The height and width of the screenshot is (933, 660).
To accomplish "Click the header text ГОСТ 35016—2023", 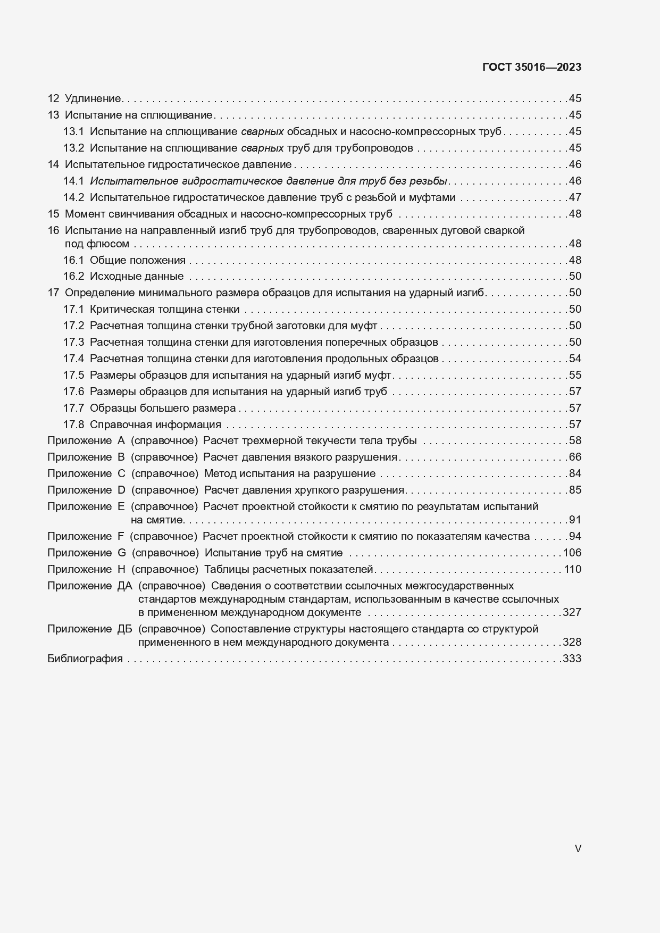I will (531, 68).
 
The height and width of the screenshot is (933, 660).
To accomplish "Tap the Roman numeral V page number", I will (578, 848).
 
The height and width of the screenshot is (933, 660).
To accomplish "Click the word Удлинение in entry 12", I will (93, 98).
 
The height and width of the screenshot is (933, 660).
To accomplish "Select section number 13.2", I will (73, 148).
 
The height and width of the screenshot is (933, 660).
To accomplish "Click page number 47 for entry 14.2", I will (575, 198).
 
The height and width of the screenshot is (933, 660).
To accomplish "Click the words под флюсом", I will (97, 244).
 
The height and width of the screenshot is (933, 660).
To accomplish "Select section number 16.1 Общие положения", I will (73, 261).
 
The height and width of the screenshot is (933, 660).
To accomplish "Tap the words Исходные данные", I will (137, 277).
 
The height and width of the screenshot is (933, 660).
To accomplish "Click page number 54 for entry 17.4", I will (575, 359).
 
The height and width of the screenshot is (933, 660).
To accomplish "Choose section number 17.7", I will (73, 409).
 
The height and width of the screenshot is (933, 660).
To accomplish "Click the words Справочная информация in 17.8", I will (155, 425).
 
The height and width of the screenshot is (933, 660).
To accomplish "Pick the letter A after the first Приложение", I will (121, 441).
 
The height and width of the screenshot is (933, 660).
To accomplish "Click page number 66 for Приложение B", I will (575, 457).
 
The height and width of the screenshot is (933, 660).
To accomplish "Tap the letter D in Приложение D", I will (121, 490).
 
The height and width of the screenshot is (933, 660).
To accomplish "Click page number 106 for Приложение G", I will (572, 553).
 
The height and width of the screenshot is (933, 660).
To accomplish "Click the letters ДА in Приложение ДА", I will (124, 586).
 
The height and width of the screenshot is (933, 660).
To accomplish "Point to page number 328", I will (572, 643).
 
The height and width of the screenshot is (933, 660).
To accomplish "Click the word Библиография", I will (85, 659).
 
